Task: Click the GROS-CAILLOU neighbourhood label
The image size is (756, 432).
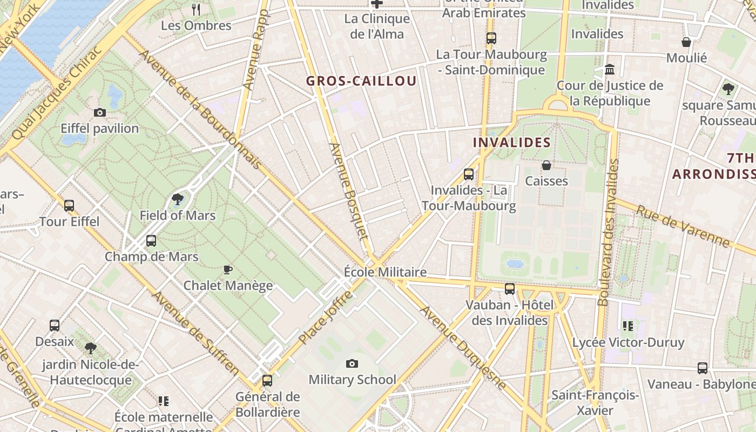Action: point(361,81)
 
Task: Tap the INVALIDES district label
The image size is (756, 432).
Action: point(511,143)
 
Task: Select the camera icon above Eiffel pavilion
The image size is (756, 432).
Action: point(100,113)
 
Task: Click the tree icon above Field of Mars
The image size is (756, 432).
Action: point(177,200)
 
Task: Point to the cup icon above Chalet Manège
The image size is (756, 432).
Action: point(228,269)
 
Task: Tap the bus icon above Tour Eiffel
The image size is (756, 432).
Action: point(69,206)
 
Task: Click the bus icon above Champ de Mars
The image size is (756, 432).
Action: point(151,241)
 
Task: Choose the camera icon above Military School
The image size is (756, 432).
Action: point(352,364)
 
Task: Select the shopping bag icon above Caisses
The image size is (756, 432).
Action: point(546,165)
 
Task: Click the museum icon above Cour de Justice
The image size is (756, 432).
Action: point(610,70)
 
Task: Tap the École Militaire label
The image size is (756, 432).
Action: point(385,272)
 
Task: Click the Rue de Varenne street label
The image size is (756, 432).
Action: point(683,226)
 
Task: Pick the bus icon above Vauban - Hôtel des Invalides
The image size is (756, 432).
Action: point(510,289)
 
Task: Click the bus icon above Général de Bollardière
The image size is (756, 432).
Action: point(267,381)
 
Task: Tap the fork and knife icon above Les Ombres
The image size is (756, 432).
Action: point(196,9)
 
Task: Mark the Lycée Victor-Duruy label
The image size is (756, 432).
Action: point(628,342)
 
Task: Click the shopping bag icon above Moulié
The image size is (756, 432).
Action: point(686,42)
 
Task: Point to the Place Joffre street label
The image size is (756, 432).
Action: point(326,317)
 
